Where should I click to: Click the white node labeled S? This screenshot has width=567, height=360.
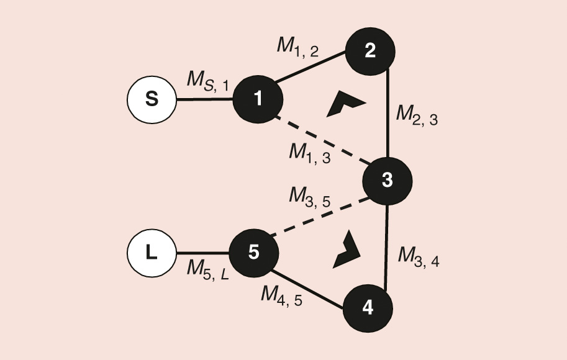pyautogui.click(x=152, y=99)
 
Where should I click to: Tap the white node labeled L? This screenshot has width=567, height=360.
pyautogui.click(x=152, y=253)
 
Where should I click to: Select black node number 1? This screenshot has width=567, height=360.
pyautogui.click(x=258, y=99)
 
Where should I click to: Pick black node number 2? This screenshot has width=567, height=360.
pyautogui.click(x=370, y=51)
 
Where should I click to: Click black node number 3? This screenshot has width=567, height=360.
pyautogui.click(x=387, y=181)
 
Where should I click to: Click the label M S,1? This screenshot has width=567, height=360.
pyautogui.click(x=208, y=80)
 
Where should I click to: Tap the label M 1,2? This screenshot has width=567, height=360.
pyautogui.click(x=297, y=47)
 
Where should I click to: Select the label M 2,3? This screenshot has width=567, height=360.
pyautogui.click(x=417, y=116)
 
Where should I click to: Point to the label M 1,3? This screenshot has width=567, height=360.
pyautogui.click(x=309, y=153)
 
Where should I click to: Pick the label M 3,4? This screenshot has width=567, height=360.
pyautogui.click(x=419, y=256)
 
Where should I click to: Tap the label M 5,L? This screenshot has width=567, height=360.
pyautogui.click(x=208, y=269)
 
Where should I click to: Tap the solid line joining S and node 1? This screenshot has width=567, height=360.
pyautogui.click(x=204, y=99)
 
